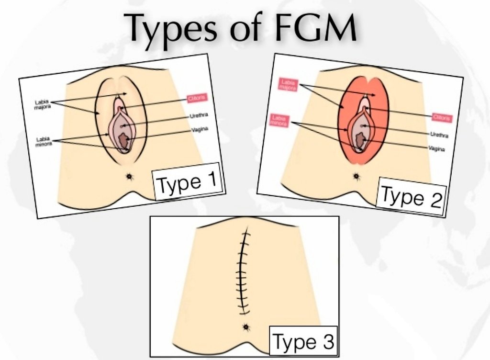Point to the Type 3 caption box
(x=303, y=342)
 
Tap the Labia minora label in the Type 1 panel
(x=44, y=142)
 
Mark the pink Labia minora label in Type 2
(x=279, y=120)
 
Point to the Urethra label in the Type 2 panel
(x=439, y=135)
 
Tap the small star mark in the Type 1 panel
(x=130, y=177)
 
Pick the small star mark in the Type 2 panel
(x=356, y=176)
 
